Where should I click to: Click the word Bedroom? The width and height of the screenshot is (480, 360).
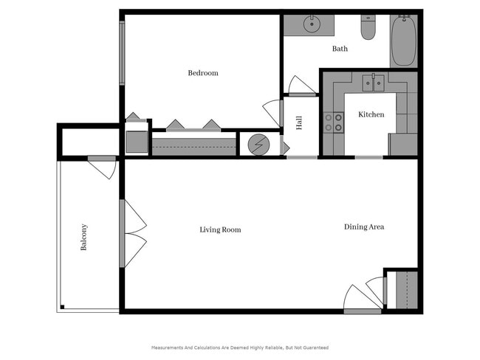(x=202, y=73)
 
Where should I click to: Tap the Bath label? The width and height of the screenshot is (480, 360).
(x=340, y=49)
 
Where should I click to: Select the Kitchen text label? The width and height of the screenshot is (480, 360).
(x=371, y=115)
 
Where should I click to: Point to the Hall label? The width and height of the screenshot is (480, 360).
(x=299, y=123)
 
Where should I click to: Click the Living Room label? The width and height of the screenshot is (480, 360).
(x=220, y=230)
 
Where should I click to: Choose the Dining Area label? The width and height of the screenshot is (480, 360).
(x=364, y=227)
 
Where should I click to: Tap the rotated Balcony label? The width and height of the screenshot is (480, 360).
(x=84, y=237)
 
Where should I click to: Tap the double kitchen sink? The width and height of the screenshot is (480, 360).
(x=372, y=83)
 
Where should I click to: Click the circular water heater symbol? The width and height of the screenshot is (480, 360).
(x=258, y=143)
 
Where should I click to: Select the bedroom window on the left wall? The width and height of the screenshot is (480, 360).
(x=123, y=49)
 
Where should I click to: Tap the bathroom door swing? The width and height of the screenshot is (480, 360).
(x=302, y=86)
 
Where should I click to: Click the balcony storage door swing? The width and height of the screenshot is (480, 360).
(x=102, y=167)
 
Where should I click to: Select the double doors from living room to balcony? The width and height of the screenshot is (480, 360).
(x=133, y=233)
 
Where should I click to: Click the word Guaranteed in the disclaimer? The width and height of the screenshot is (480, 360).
(x=313, y=347)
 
